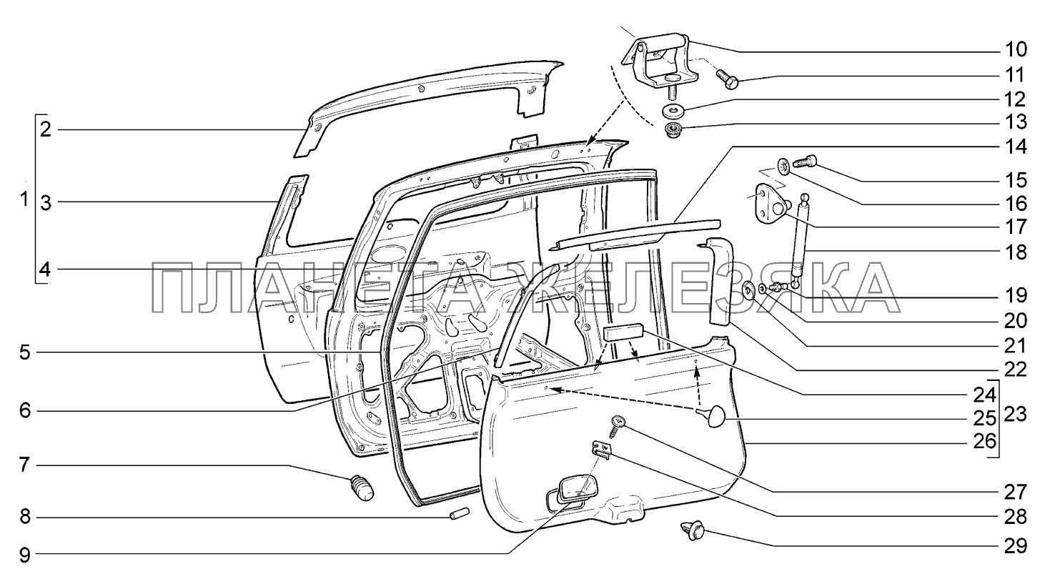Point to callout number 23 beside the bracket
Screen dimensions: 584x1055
click(x=1016, y=415)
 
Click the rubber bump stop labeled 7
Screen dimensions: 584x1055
click(x=364, y=489)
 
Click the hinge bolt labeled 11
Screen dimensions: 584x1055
click(x=673, y=131)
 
